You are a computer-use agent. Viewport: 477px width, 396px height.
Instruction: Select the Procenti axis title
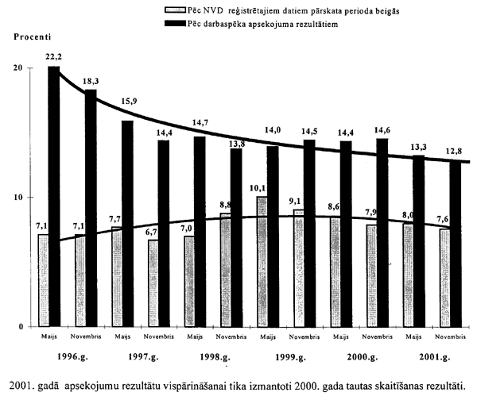pyautogui.click(x=30, y=37)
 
